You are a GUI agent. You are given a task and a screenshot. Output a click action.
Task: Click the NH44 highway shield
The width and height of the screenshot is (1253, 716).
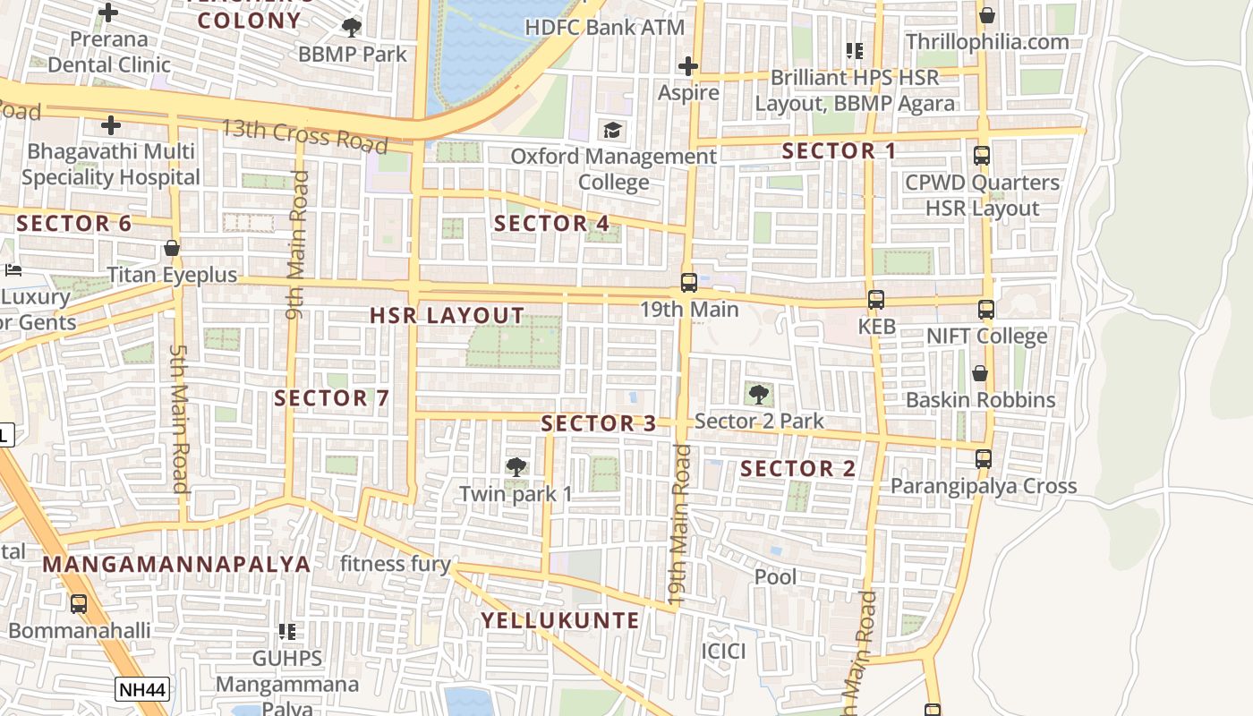point(142,689)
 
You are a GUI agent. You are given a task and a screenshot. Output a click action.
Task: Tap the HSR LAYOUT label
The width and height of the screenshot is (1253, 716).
point(447,315)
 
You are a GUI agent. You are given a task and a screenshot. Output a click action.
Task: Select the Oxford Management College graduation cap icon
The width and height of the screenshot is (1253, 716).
point(613,131)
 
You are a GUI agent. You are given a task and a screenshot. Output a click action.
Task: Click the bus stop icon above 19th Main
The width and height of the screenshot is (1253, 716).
point(688,283)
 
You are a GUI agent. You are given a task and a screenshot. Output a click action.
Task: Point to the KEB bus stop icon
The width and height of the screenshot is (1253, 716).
point(876,300)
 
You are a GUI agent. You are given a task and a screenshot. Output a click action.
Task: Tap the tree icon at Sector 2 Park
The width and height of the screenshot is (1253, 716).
point(758,394)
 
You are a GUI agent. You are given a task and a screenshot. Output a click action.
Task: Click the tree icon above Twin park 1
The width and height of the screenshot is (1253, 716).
point(516,466)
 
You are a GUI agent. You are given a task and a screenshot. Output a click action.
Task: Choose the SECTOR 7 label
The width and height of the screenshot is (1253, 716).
point(332,398)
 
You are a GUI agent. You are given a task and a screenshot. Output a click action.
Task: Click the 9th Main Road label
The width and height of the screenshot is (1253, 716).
point(297,244)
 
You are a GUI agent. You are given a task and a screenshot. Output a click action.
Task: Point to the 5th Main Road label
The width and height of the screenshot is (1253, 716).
point(179,418)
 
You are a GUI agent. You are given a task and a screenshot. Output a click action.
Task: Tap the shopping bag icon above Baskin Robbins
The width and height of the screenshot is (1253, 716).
point(980,373)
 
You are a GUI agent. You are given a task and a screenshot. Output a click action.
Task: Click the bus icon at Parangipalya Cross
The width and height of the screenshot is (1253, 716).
point(984,459)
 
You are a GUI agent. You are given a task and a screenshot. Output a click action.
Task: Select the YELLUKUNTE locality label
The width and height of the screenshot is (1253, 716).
point(560,620)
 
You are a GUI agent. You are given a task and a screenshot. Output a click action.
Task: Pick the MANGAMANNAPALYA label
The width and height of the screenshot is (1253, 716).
point(176,564)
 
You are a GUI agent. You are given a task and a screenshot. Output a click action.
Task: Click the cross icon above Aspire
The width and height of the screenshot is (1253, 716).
point(687,66)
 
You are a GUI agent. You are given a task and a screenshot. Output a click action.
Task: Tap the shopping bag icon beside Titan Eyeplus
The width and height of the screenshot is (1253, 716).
point(172,248)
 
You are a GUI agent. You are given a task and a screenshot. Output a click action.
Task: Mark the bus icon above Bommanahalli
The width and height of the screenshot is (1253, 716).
point(79,604)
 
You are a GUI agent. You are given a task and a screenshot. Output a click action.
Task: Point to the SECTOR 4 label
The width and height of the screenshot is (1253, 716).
point(551,223)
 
